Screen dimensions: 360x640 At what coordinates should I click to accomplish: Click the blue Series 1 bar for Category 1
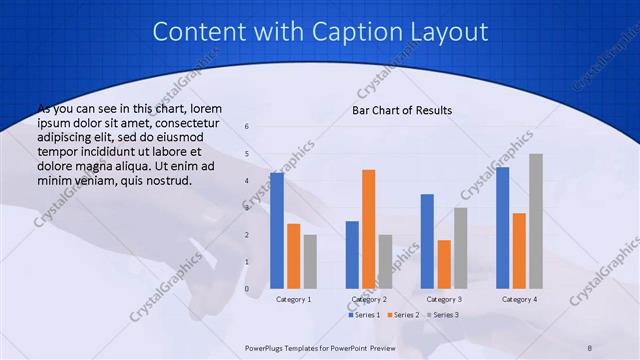(277, 230)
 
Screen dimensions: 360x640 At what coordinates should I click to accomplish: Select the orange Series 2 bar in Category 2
(368, 228)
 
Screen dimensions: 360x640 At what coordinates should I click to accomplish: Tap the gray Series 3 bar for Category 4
(535, 220)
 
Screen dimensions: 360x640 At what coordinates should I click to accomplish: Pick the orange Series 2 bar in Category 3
(443, 264)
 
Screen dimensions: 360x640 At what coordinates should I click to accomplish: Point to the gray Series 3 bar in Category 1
(310, 261)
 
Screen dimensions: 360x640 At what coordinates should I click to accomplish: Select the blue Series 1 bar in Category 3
(427, 241)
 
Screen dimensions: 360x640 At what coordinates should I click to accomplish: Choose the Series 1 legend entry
(364, 315)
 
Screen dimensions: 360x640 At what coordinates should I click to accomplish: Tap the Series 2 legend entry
(402, 315)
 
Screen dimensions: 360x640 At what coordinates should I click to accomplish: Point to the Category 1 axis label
(294, 299)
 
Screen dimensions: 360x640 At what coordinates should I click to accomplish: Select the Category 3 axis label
(444, 299)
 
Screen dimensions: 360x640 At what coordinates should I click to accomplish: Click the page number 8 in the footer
(590, 347)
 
